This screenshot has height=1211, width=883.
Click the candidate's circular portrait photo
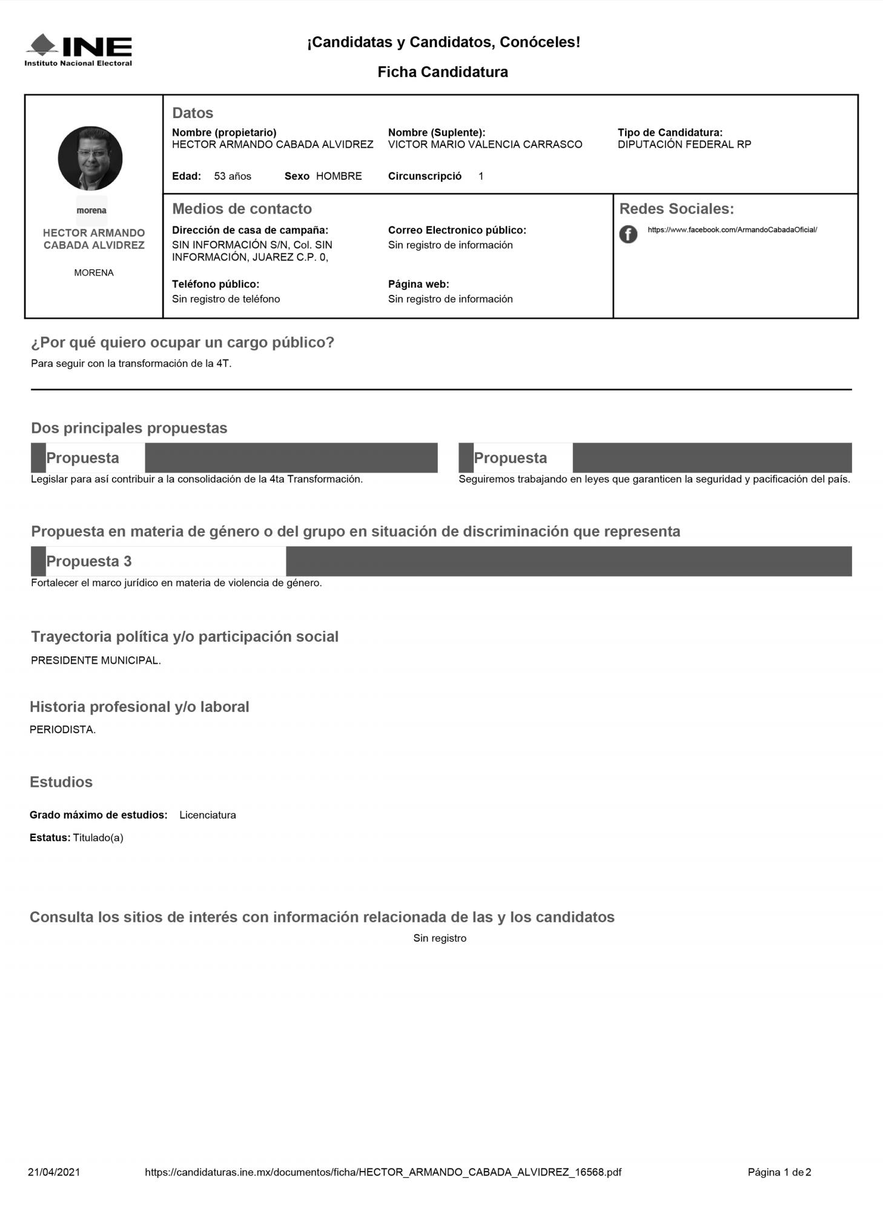coord(90,159)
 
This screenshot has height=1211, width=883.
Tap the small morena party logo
coord(91,210)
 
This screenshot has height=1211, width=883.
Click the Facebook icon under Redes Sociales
coord(628,234)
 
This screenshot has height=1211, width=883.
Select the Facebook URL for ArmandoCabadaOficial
coord(732,230)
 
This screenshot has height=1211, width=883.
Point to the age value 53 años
coord(233,176)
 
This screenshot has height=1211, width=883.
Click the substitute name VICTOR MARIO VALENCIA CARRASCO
coord(484,145)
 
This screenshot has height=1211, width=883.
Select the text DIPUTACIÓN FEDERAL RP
coord(684,145)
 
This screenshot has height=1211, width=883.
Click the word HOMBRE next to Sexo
coord(339,176)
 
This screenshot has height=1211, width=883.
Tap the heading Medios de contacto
coord(242,209)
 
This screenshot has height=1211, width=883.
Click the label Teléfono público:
coord(215,284)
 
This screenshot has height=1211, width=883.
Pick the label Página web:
coord(418,284)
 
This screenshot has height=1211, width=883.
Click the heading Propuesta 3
coord(88,561)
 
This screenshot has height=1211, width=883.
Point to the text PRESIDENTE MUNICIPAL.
coord(96,661)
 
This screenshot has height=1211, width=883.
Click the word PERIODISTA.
coord(62,730)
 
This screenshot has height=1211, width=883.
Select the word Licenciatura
coord(207,815)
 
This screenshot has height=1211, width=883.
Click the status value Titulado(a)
coord(98,838)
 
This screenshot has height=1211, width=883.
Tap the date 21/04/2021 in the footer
coord(54,1172)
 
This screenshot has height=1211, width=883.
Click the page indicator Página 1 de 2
coord(779,1172)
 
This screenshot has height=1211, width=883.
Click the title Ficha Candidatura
coord(442,72)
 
